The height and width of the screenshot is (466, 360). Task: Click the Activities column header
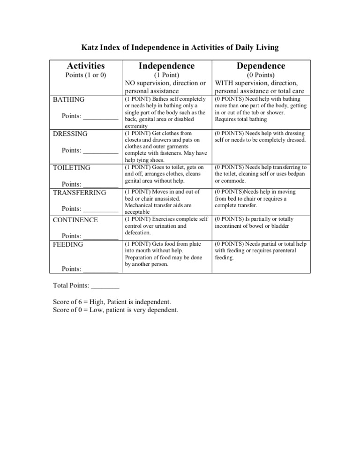pyautogui.click(x=86, y=66)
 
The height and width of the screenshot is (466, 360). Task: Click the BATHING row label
pyautogui.click(x=69, y=100)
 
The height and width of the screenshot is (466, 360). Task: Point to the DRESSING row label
pyautogui.click(x=70, y=134)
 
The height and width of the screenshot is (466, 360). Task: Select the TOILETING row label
pyautogui.click(x=72, y=168)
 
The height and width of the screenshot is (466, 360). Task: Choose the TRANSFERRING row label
pyautogui.click(x=80, y=192)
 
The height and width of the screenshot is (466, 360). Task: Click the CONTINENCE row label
pyautogui.click(x=75, y=220)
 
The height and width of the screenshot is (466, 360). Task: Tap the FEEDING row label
pyautogui.click(x=68, y=245)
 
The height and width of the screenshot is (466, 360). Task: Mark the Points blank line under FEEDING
pyautogui.click(x=100, y=271)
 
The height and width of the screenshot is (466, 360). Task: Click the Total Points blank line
pyautogui.click(x=105, y=287)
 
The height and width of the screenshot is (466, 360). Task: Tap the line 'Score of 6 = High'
pyautogui.click(x=112, y=302)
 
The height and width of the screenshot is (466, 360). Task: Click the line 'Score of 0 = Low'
pyautogui.click(x=116, y=310)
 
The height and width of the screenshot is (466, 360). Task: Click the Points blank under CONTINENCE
pyautogui.click(x=100, y=238)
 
